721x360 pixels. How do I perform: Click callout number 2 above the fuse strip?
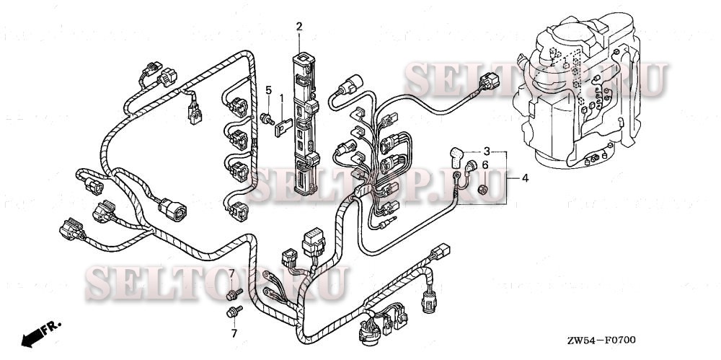(299, 27)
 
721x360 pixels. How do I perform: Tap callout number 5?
(268, 90)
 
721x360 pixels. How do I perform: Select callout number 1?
(282, 97)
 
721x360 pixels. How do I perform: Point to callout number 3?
(487, 152)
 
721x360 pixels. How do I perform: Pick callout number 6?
(485, 166)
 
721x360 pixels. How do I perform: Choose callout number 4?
(525, 177)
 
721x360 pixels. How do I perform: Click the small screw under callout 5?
(267, 118)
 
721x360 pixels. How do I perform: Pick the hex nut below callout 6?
(485, 190)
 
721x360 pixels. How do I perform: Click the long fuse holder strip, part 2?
(302, 123)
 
